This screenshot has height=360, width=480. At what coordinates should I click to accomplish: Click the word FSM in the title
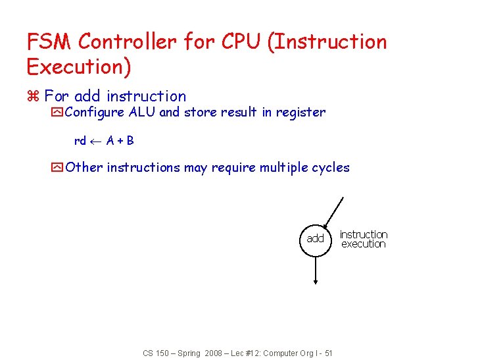click(49, 41)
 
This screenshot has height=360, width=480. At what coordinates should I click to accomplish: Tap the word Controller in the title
click(128, 41)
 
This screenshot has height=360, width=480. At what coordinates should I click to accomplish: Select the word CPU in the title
click(237, 41)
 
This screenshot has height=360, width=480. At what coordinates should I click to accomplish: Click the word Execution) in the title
click(79, 66)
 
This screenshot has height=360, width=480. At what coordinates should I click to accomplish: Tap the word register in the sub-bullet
click(300, 113)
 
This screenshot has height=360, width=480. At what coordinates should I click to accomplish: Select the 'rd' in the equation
click(80, 141)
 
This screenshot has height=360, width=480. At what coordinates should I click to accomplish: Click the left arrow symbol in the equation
click(96, 141)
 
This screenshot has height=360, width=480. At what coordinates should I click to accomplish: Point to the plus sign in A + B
click(120, 141)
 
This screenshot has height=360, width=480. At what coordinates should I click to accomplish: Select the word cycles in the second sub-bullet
click(331, 167)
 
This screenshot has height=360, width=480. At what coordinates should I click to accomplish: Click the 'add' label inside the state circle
click(316, 238)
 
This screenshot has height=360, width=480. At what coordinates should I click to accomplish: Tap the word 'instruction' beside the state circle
click(364, 234)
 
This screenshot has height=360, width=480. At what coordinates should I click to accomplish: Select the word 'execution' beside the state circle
click(364, 244)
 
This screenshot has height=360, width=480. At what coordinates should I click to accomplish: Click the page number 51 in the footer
click(328, 353)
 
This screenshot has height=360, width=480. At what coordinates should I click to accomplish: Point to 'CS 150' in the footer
click(155, 353)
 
